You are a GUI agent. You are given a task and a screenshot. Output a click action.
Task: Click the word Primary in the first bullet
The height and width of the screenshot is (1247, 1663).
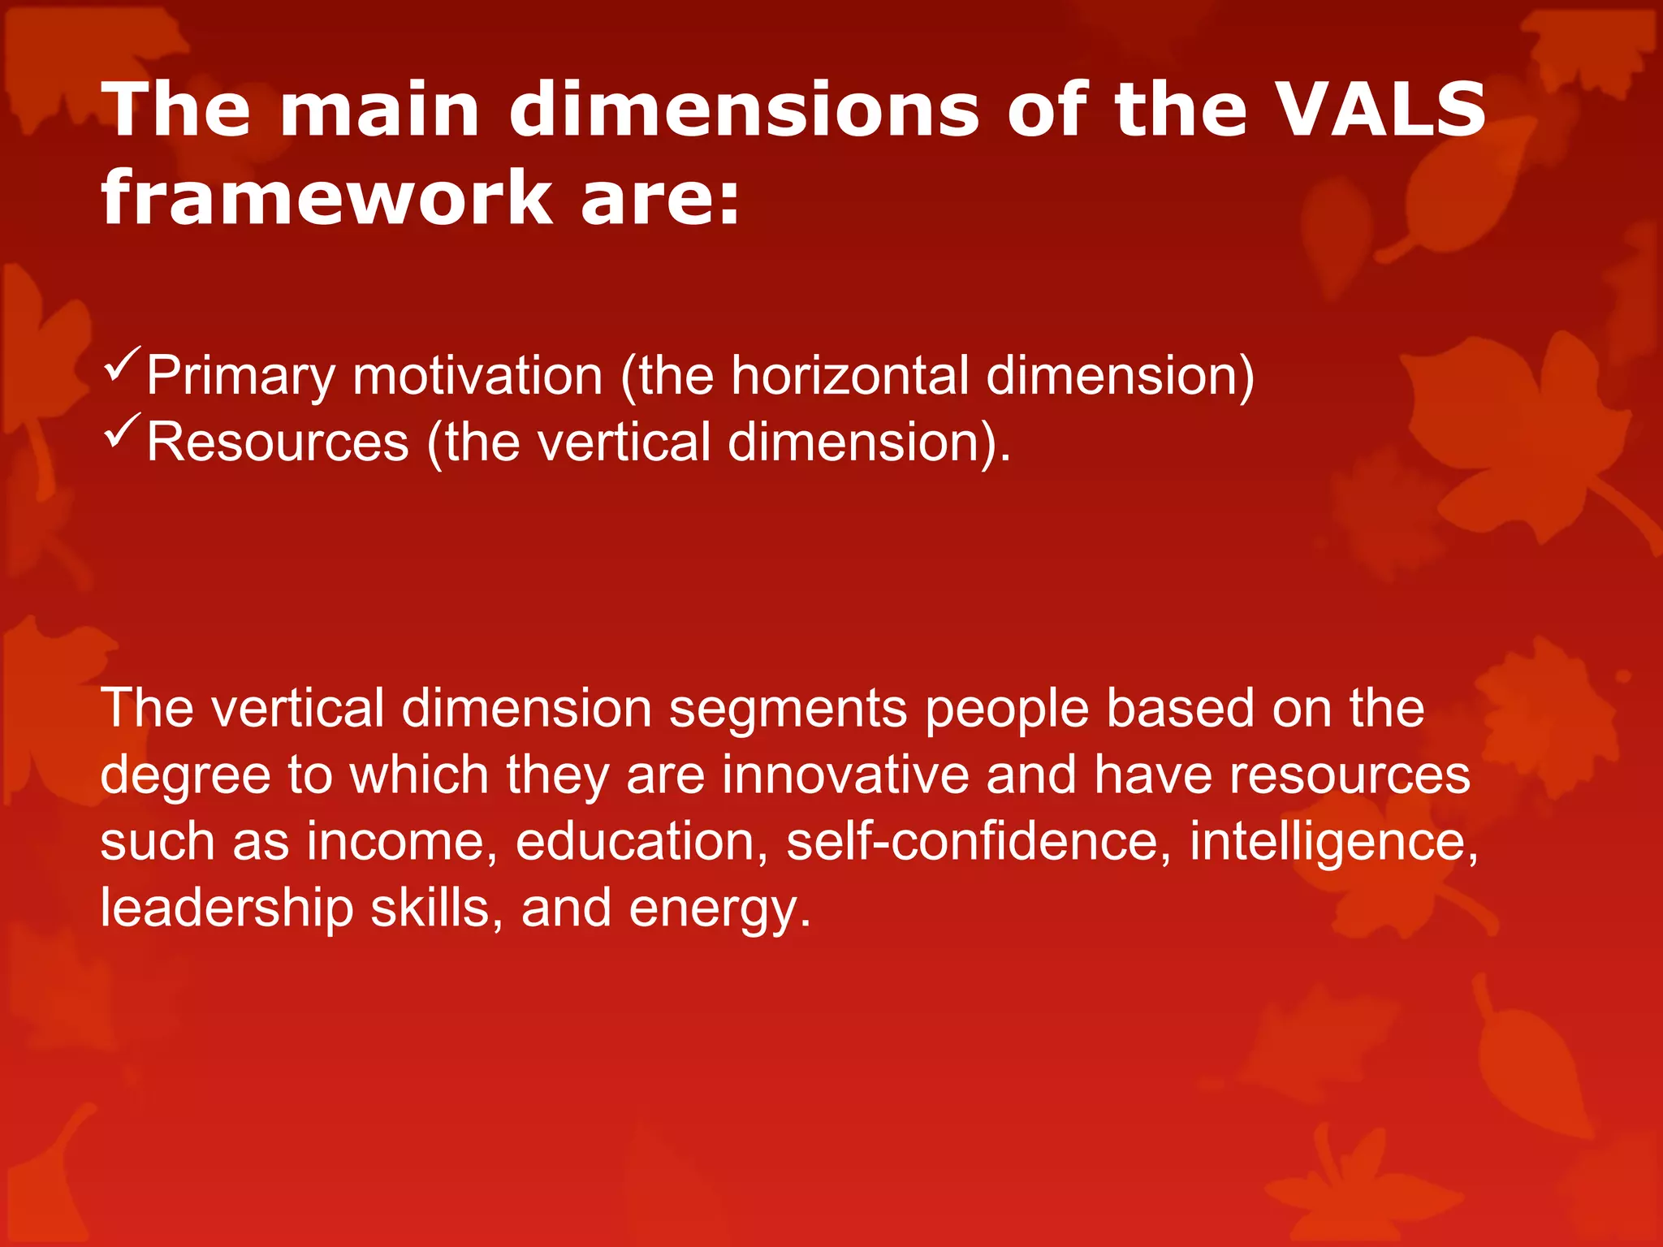coord(241,377)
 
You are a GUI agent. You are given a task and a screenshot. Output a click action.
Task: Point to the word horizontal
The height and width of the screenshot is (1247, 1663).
coord(849,375)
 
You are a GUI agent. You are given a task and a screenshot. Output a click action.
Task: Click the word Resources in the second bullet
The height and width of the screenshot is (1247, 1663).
coord(278,442)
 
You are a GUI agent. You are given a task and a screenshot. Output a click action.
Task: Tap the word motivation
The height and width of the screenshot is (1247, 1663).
coord(477,375)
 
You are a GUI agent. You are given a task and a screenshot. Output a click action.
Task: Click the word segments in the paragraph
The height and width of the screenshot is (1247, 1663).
coord(788,709)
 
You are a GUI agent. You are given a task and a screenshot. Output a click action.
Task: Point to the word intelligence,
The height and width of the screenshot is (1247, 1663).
coord(1334,842)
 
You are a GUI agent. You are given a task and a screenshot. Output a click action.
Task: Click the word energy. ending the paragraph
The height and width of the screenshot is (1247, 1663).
coord(719,909)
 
